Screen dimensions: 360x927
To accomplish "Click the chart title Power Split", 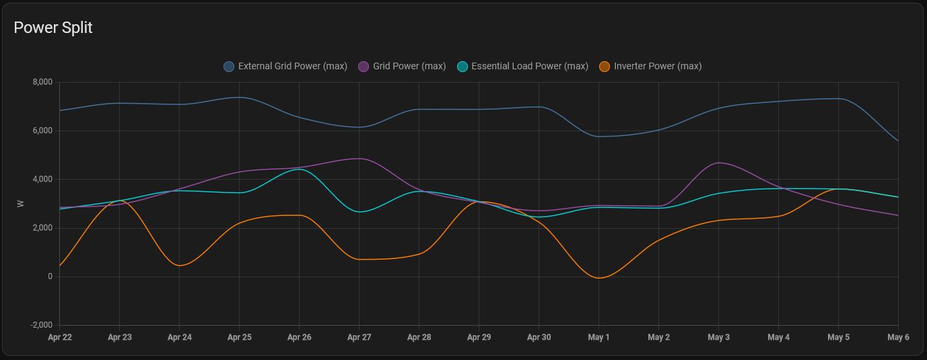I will pyautogui.click(x=53, y=28).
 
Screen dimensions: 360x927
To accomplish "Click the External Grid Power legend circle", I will pyautogui.click(x=229, y=66).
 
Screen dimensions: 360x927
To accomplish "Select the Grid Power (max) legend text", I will pyautogui.click(x=409, y=66).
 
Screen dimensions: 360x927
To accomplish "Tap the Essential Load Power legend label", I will pyautogui.click(x=529, y=66).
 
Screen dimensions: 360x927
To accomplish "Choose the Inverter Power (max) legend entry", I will pyautogui.click(x=657, y=66).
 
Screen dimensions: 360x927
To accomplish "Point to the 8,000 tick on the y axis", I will pyautogui.click(x=42, y=82).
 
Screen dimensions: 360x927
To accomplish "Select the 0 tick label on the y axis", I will pyautogui.click(x=50, y=277).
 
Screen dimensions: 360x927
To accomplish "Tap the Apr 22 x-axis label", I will pyautogui.click(x=60, y=337).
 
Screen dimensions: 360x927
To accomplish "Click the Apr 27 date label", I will pyautogui.click(x=359, y=337).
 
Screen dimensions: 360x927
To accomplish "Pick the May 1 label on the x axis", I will pyautogui.click(x=598, y=337).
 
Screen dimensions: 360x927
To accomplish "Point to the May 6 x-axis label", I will pyautogui.click(x=898, y=337).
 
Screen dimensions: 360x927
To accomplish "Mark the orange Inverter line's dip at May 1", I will pyautogui.click(x=598, y=278).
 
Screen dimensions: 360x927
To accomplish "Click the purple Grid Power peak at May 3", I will pyautogui.click(x=719, y=163).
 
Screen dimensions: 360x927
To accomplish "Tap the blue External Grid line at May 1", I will pyautogui.click(x=598, y=137).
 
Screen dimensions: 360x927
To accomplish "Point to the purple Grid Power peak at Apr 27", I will pyautogui.click(x=359, y=159).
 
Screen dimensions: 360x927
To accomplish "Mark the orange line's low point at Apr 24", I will pyautogui.click(x=180, y=265).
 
